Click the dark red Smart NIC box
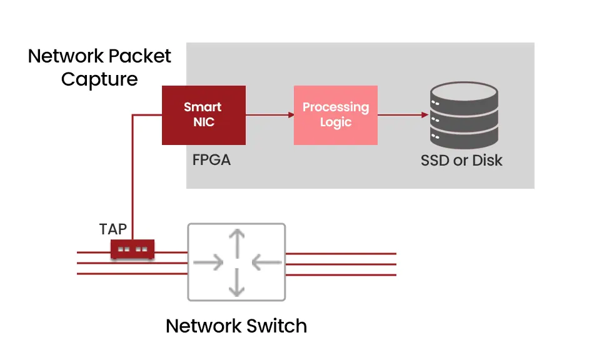[203, 115]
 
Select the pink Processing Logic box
[336, 115]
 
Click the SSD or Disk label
[461, 160]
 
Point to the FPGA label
[211, 160]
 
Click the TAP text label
[113, 229]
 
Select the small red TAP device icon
[133, 249]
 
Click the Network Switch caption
[236, 326]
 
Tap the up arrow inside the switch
[236, 241]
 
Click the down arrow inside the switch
[236, 284]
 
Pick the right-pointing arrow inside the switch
[209, 262]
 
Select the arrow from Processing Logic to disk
[404, 115]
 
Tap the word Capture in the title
[99, 79]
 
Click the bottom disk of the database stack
[463, 138]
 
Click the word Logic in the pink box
[336, 122]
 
